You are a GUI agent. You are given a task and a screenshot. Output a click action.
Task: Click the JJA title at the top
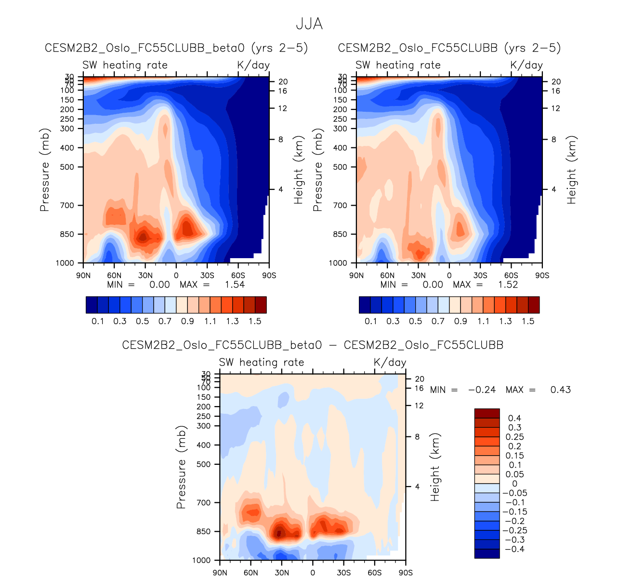click(309, 24)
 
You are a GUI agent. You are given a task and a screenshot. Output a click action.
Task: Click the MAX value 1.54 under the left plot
click(235, 285)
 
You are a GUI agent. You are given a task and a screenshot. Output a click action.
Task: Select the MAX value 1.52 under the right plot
click(508, 285)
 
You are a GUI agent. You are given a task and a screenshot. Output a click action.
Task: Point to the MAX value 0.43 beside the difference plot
click(561, 390)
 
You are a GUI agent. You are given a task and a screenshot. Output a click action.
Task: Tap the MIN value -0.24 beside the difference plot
click(482, 390)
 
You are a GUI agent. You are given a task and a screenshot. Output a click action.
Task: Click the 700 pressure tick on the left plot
click(67, 206)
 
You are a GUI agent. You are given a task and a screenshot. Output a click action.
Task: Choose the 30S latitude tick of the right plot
click(480, 276)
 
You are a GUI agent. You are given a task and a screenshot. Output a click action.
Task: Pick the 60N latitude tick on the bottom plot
click(251, 573)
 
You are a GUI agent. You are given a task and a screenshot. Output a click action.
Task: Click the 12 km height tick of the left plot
click(283, 108)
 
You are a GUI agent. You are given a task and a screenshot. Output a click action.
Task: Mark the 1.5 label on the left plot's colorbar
click(255, 321)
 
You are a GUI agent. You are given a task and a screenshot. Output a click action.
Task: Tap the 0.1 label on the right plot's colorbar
click(371, 321)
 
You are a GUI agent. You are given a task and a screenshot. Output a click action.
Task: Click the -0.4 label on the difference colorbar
click(514, 550)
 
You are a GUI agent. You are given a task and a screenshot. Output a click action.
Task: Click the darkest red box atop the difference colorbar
click(487, 413)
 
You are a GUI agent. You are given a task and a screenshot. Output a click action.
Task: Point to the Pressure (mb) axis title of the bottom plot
click(181, 467)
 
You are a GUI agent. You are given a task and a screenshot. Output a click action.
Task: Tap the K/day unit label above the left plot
click(253, 65)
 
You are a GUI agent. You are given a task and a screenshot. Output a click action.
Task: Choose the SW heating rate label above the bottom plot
click(262, 362)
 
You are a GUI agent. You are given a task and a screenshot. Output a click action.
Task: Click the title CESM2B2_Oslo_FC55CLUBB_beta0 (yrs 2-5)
click(176, 48)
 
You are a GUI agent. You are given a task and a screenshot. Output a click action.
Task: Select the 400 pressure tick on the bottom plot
click(204, 445)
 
